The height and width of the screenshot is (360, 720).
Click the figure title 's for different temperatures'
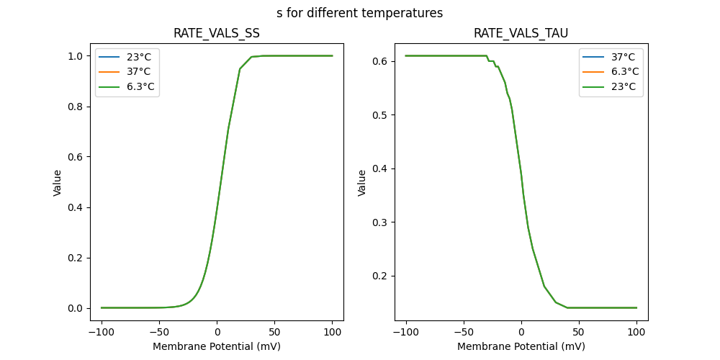359,13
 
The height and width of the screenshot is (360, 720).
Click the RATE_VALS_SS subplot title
217,33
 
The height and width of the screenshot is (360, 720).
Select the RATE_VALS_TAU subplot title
521,33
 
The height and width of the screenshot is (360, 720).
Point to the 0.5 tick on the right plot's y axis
379,115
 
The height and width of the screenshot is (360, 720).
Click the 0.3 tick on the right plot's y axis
379,222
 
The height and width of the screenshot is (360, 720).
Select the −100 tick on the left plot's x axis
102,333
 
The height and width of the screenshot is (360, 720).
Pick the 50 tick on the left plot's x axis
274,333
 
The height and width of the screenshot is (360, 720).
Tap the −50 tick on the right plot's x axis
463,333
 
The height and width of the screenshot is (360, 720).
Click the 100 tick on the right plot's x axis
636,333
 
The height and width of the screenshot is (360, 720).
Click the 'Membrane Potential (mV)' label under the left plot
217,346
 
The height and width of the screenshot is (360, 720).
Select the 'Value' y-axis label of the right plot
362,182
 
